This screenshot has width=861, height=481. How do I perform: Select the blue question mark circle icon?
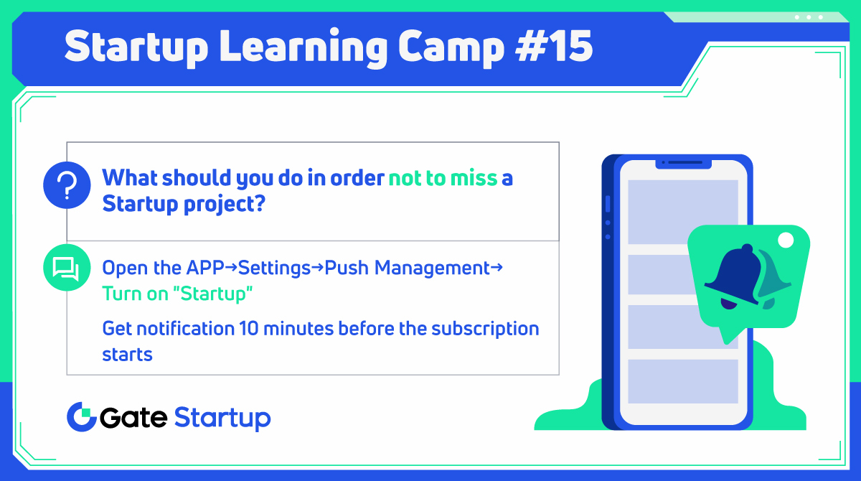tap(67, 186)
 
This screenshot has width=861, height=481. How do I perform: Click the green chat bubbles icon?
tap(67, 268)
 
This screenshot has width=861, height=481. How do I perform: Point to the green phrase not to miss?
tap(443, 178)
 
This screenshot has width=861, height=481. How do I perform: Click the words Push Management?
tap(407, 268)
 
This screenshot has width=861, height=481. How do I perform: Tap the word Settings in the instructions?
tap(274, 268)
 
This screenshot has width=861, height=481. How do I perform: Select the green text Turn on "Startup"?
tap(177, 294)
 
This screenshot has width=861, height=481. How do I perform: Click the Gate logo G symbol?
tap(81, 416)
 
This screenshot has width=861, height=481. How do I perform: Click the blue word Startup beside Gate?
tap(222, 418)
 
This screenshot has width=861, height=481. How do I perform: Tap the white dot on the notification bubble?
tap(786, 239)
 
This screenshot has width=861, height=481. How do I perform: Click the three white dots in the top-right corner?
tap(809, 17)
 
